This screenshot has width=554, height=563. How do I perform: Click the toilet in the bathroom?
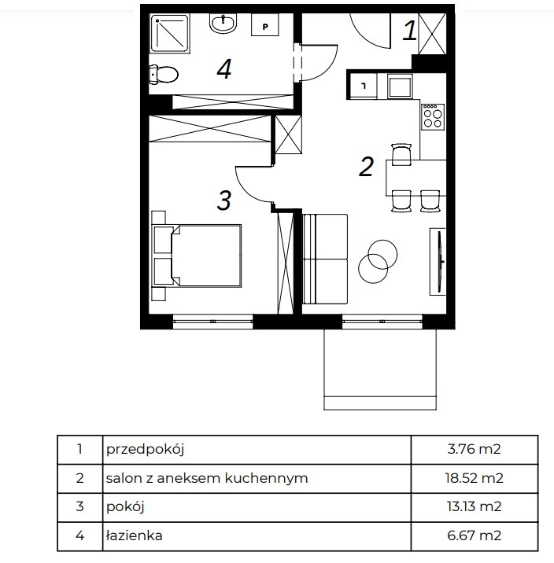pyautogui.click(x=164, y=75)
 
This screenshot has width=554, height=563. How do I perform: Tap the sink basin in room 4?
pyautogui.click(x=223, y=24)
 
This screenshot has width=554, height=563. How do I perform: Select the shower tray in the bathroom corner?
pyautogui.click(x=169, y=33)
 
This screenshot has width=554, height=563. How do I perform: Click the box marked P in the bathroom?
pyautogui.click(x=265, y=25)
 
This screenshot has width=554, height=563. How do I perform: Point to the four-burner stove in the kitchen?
pyautogui.click(x=433, y=117)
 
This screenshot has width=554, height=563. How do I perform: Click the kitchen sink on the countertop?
pyautogui.click(x=399, y=86)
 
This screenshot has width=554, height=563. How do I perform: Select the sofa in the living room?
pyautogui.click(x=325, y=259)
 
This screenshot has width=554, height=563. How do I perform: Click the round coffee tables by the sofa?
pyautogui.click(x=378, y=261)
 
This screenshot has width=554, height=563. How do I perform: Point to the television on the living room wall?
pyautogui.click(x=438, y=262)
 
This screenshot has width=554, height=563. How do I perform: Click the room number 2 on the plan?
pyautogui.click(x=366, y=166)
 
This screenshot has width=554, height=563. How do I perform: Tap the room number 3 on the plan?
pyautogui.click(x=223, y=201)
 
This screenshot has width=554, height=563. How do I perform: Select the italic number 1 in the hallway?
pyautogui.click(x=409, y=30)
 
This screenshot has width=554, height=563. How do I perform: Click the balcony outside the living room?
pyautogui.click(x=380, y=369)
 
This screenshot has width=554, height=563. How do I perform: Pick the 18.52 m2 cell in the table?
pyautogui.click(x=475, y=478)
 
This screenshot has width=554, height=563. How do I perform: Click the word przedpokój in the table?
pyautogui.click(x=145, y=450)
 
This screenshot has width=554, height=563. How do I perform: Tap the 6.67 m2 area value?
pyautogui.click(x=475, y=535)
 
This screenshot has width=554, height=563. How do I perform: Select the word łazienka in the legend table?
pyautogui.click(x=135, y=535)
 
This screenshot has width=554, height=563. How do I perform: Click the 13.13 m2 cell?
pyautogui.click(x=475, y=506)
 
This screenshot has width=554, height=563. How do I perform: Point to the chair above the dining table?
pyautogui.click(x=401, y=154)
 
